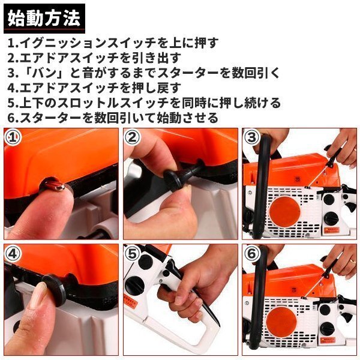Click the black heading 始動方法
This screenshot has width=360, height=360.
[x=44, y=19]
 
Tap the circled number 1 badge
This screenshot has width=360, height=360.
[x=13, y=137]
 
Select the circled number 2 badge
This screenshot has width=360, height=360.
[x=132, y=137]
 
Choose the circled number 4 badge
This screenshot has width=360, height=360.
[x=13, y=253]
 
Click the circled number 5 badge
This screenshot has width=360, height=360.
[x=132, y=253]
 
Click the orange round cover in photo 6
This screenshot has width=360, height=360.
[x=282, y=322]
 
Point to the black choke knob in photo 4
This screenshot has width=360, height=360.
[x=55, y=290]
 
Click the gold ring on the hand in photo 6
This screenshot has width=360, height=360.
[x=352, y=261]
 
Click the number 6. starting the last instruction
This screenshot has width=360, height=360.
[x=13, y=118]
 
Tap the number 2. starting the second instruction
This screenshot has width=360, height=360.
[x=13, y=58]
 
